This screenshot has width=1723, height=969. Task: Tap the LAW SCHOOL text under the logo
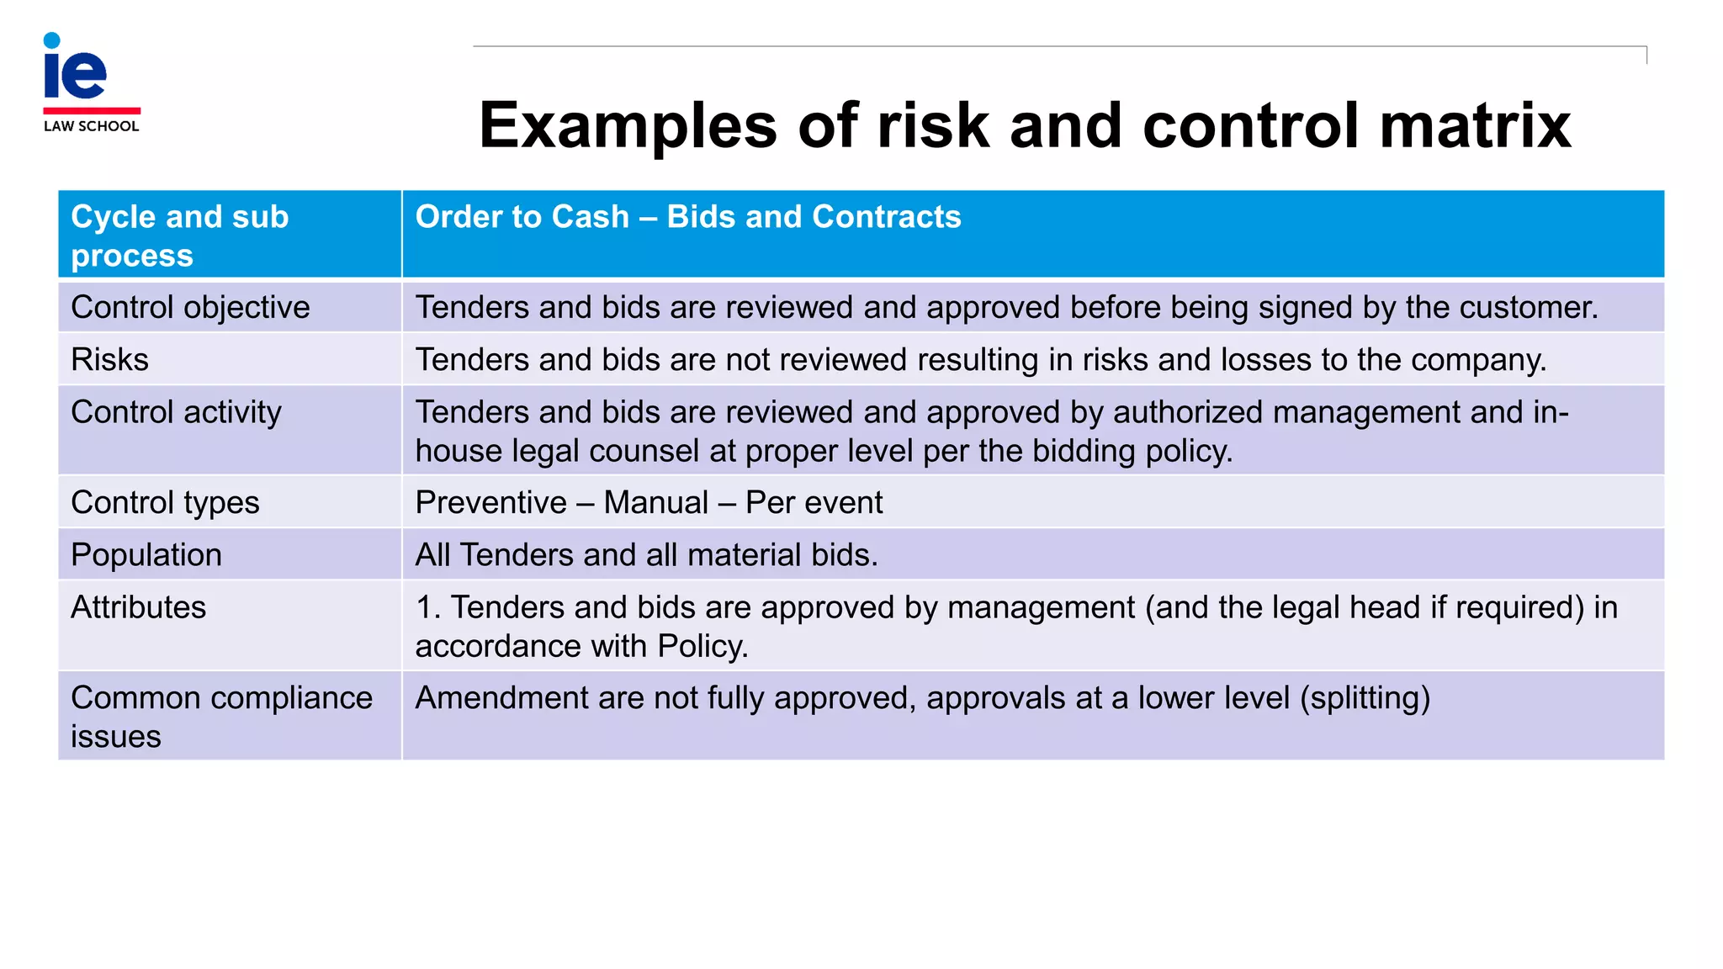pos(91,126)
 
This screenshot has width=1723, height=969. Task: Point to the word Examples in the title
pos(628,126)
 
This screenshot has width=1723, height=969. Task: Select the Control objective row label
pos(190,308)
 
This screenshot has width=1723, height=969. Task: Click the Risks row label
pos(109,360)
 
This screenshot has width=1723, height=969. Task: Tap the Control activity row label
pos(176,412)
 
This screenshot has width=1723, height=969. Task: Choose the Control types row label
pos(165,503)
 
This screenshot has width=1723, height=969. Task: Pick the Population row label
pos(146,555)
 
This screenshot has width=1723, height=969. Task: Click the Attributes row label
pos(138,607)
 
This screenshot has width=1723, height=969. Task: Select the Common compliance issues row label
pos(221,716)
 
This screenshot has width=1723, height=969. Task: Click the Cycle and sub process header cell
pos(180,236)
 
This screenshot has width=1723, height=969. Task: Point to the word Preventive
pos(491,503)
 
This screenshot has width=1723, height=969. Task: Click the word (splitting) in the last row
pos(1365,698)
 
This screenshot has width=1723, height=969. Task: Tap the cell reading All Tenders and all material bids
pos(646,555)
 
